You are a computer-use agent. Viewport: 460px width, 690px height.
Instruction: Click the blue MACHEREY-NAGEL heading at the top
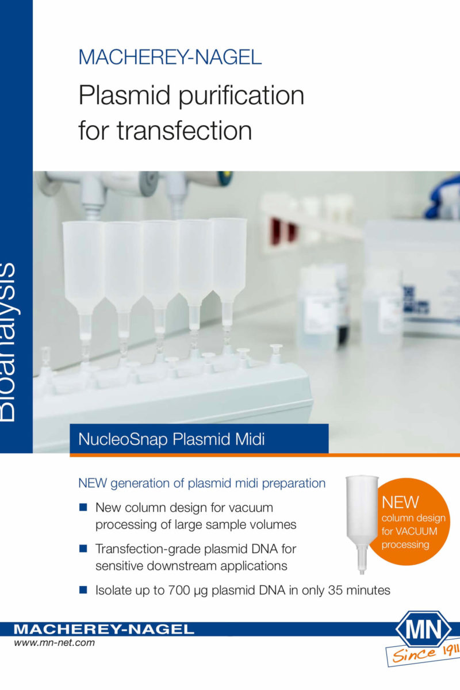[x=170, y=57]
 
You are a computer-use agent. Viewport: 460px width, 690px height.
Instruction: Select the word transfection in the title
[x=184, y=131]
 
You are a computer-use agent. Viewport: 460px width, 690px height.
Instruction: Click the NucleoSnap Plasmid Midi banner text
[x=171, y=439]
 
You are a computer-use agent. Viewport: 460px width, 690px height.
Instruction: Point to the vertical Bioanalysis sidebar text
[x=7, y=342]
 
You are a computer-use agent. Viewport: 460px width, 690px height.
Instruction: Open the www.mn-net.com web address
[x=54, y=643]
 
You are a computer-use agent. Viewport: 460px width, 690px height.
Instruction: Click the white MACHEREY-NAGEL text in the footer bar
[x=104, y=629]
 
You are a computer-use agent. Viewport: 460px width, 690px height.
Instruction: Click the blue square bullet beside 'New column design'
[x=83, y=507]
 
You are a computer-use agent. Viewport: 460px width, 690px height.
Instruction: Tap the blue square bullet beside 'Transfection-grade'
[x=83, y=549]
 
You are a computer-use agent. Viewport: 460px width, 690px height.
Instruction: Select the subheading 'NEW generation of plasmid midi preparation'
[x=202, y=484]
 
